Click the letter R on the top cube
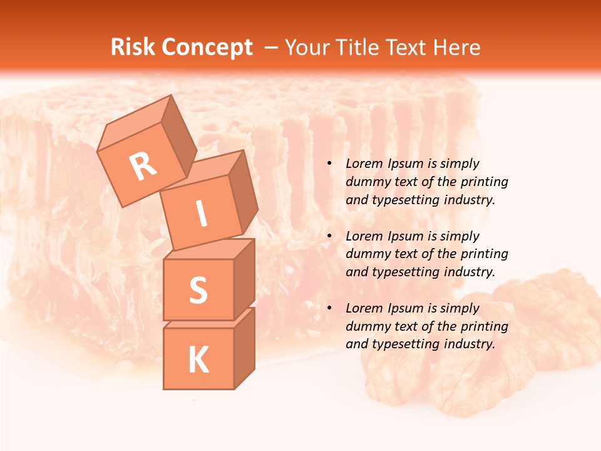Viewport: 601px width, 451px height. [x=143, y=166]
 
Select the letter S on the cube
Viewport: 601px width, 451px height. [x=198, y=289]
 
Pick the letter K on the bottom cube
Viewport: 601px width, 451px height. [x=198, y=360]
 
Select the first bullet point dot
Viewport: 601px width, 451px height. [x=329, y=164]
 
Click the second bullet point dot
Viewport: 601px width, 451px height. [x=329, y=237]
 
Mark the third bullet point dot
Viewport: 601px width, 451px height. [x=329, y=309]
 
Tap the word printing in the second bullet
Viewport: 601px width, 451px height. [x=484, y=254]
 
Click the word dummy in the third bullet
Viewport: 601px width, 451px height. [x=365, y=326]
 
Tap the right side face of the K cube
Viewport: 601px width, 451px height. [x=244, y=348]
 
